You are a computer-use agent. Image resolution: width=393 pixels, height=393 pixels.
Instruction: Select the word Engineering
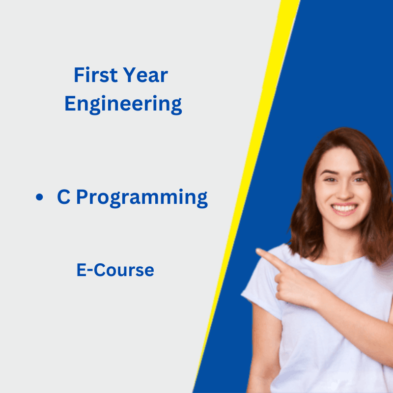tap(123, 105)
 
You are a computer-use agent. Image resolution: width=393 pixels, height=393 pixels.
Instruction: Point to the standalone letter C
tap(63, 197)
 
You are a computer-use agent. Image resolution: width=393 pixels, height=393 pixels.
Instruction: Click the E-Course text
tap(115, 270)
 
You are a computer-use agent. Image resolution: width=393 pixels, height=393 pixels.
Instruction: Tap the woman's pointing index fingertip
tap(258, 252)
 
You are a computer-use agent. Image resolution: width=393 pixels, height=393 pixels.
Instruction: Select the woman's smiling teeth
tap(344, 208)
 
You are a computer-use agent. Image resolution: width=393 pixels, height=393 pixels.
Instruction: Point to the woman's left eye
tap(358, 179)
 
